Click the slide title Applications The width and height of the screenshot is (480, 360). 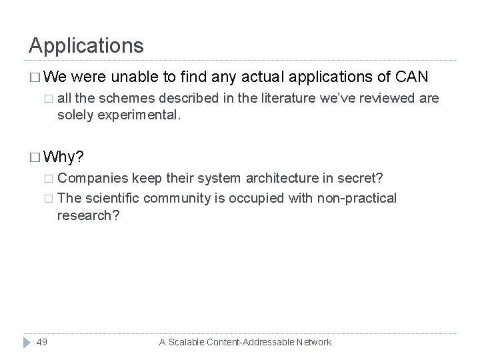86,45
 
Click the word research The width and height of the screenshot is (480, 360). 83,215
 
